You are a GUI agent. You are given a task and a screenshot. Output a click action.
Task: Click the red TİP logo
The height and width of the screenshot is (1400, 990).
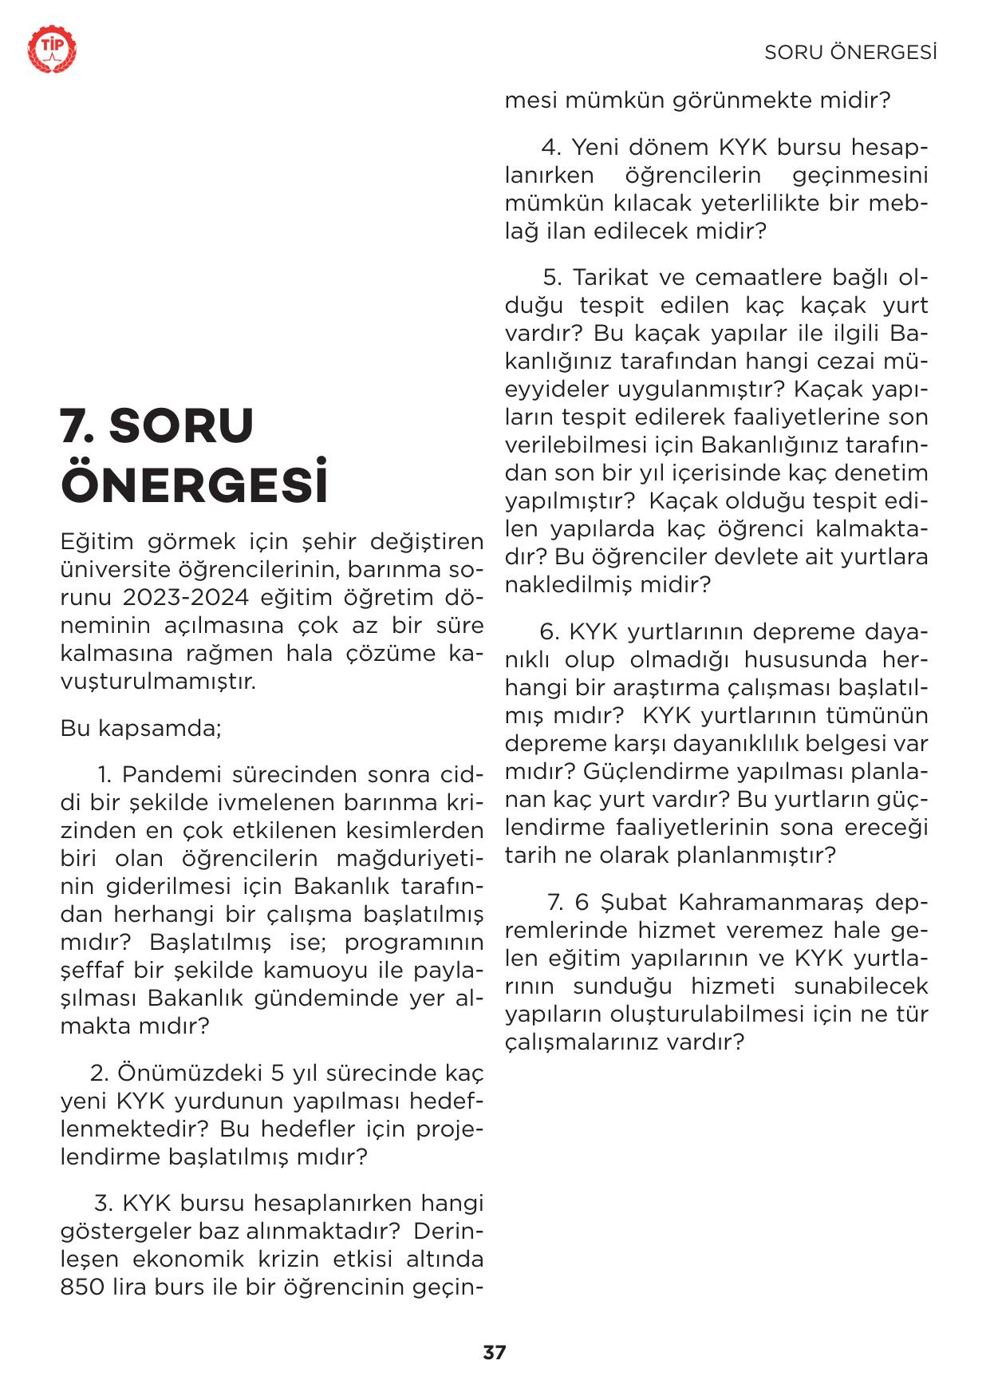53,50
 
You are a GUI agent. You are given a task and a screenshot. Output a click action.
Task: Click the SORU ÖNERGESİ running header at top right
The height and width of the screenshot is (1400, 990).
850,53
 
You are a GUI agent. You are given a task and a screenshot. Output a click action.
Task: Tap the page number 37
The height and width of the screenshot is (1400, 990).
495,1352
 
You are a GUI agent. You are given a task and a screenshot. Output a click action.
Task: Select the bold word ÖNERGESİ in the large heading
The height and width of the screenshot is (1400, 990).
195,482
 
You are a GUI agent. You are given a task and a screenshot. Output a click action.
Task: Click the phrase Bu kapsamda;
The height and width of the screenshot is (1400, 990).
140,729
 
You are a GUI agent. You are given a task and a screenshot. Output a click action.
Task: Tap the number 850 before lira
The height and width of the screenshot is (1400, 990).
82,1287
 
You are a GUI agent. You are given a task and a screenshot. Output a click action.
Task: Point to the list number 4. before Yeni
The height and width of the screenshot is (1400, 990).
552,148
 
